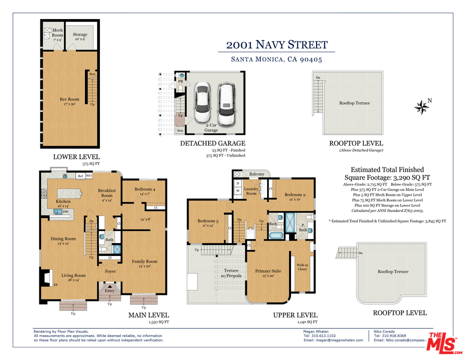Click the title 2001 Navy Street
click(x=276, y=44)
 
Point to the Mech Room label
click(x=57, y=33)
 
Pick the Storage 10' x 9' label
click(x=80, y=36)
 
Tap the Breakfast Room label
click(x=106, y=193)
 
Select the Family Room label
click(x=144, y=263)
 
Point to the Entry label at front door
click(x=109, y=290)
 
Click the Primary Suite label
click(x=268, y=273)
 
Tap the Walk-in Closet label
click(x=302, y=267)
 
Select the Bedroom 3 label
click(x=207, y=223)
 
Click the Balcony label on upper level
click(x=256, y=174)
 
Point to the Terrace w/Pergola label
click(x=231, y=272)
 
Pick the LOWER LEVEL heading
click(x=76, y=156)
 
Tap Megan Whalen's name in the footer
click(x=316, y=331)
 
